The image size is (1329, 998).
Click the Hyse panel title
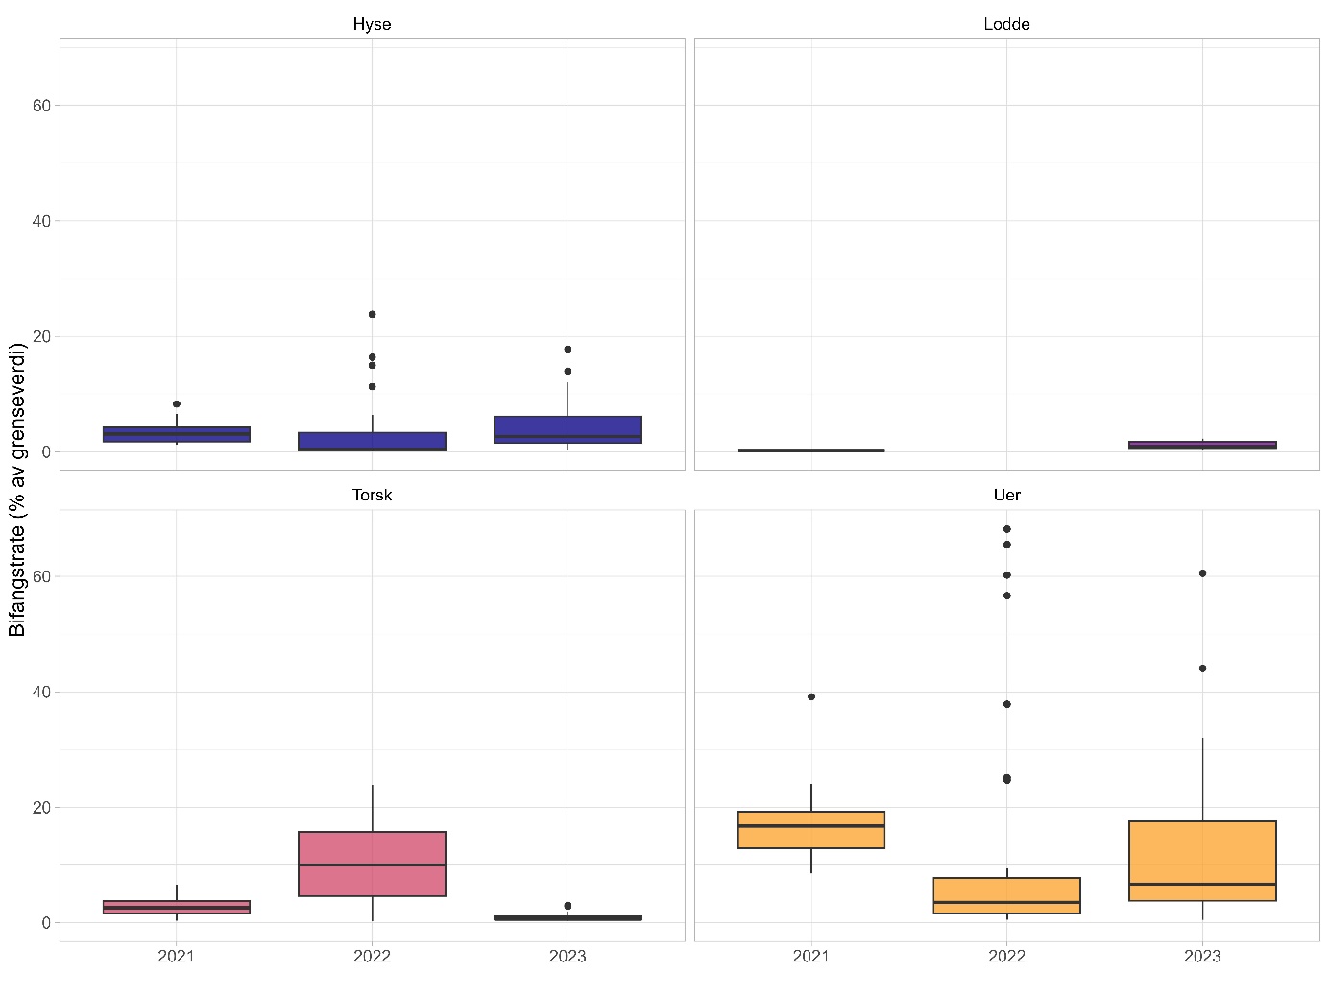click(372, 24)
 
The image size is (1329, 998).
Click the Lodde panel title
click(1006, 24)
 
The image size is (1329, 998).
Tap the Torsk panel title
click(372, 495)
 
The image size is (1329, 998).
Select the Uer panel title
click(1006, 495)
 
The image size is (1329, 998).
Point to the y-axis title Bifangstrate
click(17, 490)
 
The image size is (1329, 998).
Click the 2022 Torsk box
click(372, 864)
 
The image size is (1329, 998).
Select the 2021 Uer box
click(811, 830)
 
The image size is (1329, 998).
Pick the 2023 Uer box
click(1202, 861)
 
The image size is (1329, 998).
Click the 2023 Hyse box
click(568, 429)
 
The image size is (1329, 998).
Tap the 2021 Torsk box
click(177, 907)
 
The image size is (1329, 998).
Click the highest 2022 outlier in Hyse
click(372, 314)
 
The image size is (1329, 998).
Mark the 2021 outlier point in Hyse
click(177, 404)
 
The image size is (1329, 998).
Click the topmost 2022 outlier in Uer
click(1006, 529)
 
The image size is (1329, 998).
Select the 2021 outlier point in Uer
click(811, 696)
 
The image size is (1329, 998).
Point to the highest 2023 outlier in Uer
click(1202, 573)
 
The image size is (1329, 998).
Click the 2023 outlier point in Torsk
click(568, 906)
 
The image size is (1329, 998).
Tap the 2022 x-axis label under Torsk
click(372, 956)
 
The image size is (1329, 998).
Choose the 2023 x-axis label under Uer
click(1202, 956)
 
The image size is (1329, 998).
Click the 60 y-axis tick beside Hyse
click(41, 106)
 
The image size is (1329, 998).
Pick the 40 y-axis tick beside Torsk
click(41, 692)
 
